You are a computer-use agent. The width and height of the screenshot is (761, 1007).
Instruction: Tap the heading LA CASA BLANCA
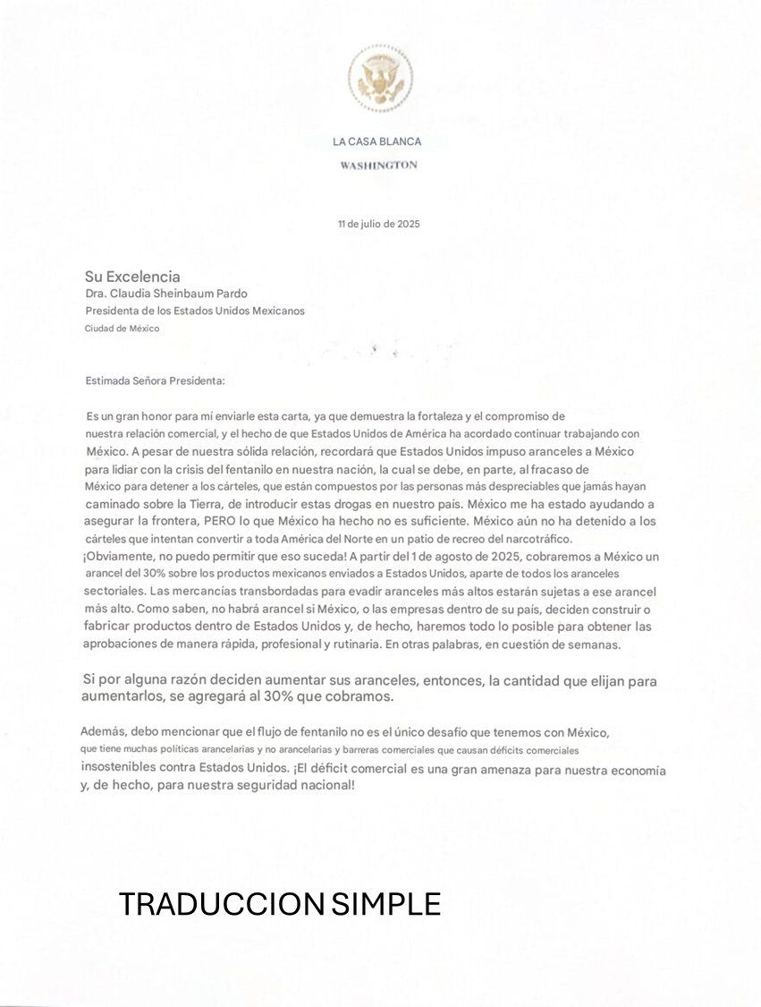pyautogui.click(x=376, y=141)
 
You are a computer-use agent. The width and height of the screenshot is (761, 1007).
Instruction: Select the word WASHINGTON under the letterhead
pyautogui.click(x=378, y=165)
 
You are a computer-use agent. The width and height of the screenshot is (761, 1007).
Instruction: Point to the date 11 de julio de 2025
pyautogui.click(x=378, y=224)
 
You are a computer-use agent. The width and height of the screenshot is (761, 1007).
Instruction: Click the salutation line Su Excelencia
pyautogui.click(x=132, y=277)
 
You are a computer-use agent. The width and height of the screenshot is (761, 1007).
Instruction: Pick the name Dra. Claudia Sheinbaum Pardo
pyautogui.click(x=165, y=294)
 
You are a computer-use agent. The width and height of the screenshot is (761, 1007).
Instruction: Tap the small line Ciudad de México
pyautogui.click(x=122, y=329)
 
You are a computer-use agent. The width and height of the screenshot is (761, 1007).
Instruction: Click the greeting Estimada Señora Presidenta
pyautogui.click(x=155, y=380)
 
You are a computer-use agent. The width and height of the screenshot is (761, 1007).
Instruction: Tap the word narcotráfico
pyautogui.click(x=535, y=538)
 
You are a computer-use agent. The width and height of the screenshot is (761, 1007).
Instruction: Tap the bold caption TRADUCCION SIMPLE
pyautogui.click(x=280, y=904)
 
